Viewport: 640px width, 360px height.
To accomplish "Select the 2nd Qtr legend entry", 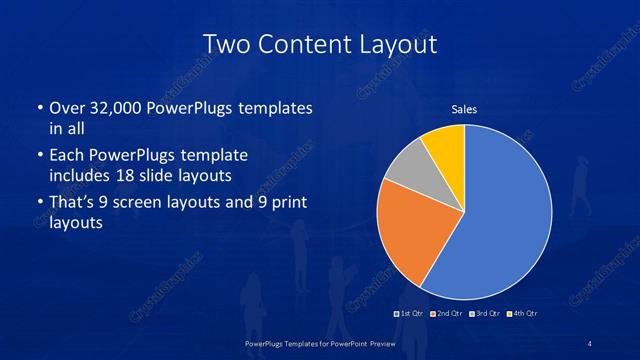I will pos(449,314).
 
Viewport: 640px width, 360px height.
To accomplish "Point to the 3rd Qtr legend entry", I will pos(487,314).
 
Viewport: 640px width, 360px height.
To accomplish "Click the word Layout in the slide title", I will pos(400,45).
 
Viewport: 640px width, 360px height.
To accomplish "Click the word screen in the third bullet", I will pos(149,203).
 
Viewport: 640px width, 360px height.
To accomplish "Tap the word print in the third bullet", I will pos(287,203).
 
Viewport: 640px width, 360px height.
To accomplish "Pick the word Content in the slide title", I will pos(301,45).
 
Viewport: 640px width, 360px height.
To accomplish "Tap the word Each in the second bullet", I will pos(67,156).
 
